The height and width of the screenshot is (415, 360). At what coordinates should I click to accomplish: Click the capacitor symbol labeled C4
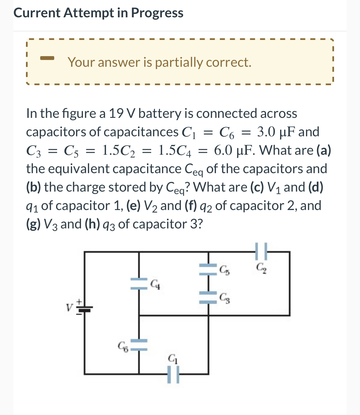click(x=139, y=283)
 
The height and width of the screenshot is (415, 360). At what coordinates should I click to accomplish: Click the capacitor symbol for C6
click(x=139, y=345)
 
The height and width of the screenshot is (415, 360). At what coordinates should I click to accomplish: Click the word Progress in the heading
click(x=157, y=13)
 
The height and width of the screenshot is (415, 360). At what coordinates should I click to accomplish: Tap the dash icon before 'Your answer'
click(x=47, y=58)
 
